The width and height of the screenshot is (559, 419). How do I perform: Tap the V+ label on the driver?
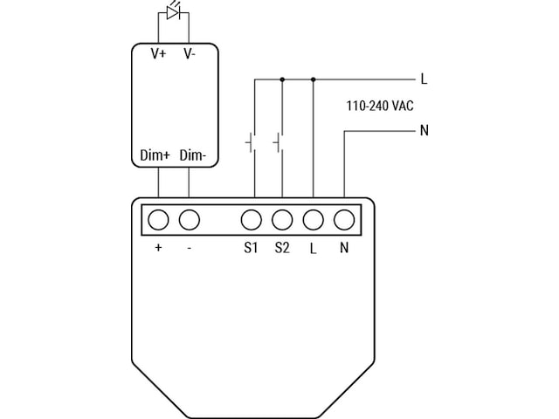coord(158,54)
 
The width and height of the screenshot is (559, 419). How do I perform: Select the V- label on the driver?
coord(189,54)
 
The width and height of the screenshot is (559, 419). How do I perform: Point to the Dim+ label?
coord(155,155)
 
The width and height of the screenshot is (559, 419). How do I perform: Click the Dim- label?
coord(192,155)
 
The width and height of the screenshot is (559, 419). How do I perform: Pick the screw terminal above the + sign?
coord(158,218)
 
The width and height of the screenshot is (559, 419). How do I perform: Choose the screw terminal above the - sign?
coord(189,218)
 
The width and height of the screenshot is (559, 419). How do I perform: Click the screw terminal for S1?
coord(252,218)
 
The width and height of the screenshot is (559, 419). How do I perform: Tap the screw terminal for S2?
coord(282,218)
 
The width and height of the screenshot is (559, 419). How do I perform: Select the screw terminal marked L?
coord(314,218)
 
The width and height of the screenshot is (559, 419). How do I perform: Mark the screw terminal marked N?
coord(344,218)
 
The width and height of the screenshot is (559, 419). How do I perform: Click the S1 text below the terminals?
coord(252,248)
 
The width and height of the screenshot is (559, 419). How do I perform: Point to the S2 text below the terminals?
coord(282,248)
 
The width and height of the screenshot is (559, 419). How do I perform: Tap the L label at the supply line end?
coord(424,79)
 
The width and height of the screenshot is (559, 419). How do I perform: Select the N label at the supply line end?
coord(424,131)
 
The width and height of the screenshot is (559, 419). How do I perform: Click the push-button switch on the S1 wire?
coord(251,141)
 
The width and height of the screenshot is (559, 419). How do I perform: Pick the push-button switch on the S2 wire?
coord(279,141)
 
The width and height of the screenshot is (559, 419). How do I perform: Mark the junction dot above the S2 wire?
coord(282,79)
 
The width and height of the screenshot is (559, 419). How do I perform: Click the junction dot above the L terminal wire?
coord(314,79)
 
